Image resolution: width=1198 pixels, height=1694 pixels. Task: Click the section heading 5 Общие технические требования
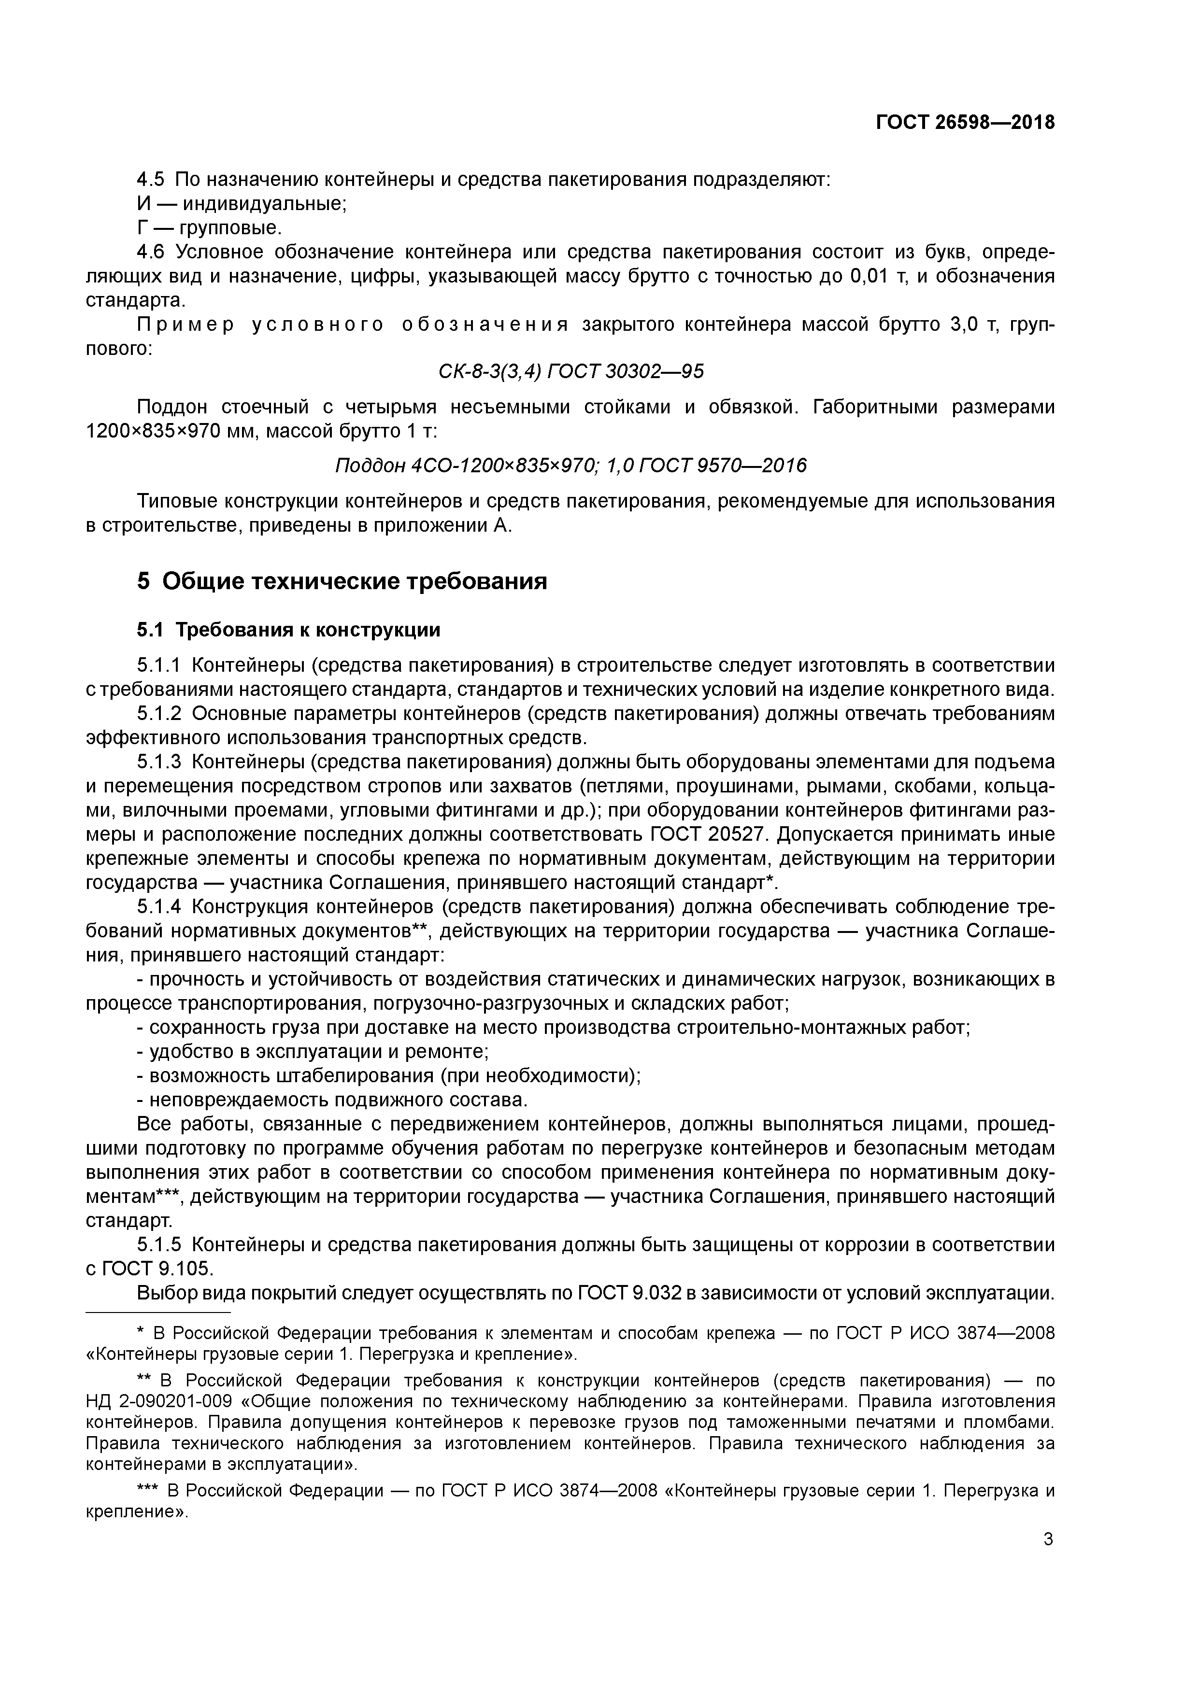click(x=342, y=581)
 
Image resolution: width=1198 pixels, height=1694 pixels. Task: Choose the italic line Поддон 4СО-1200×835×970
click(x=570, y=466)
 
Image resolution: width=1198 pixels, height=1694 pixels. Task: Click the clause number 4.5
click(x=151, y=179)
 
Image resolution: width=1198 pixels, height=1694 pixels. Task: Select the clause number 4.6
click(x=151, y=252)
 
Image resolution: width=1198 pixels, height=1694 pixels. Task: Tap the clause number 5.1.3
click(x=159, y=762)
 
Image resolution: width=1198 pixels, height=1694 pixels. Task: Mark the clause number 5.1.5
click(x=159, y=1245)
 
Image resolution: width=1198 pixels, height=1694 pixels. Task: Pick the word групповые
click(x=231, y=227)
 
